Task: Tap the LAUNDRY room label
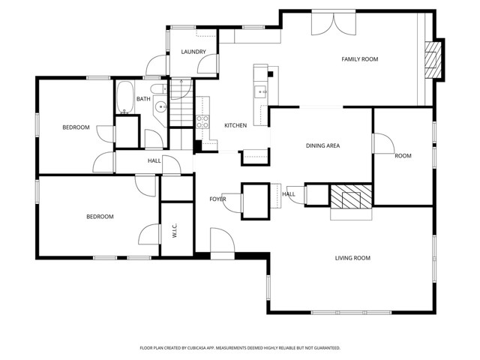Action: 193,52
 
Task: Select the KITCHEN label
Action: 235,125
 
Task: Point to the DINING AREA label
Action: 322,145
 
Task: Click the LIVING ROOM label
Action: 352,258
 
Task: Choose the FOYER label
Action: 217,199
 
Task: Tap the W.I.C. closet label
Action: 174,230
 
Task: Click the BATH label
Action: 142,99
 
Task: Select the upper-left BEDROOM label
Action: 76,127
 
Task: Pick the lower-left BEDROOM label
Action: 100,217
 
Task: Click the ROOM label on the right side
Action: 403,156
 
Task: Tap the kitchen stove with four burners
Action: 202,121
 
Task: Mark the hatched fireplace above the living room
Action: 351,196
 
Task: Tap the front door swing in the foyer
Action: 222,243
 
